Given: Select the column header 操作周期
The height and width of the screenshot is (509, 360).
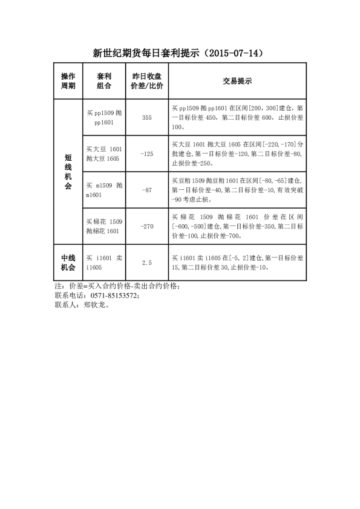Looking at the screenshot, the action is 68,81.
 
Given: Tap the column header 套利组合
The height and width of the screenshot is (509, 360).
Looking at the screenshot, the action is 104,81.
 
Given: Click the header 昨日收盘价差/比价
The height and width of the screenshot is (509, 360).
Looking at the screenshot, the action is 146,81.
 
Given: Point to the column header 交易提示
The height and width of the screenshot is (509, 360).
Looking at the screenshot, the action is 237,81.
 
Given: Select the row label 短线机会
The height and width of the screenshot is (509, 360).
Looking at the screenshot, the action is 68,172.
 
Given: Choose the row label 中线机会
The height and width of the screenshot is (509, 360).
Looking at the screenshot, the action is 68,262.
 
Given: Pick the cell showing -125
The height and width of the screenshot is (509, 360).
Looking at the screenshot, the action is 146,154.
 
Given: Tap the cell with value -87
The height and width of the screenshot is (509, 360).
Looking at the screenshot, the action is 146,190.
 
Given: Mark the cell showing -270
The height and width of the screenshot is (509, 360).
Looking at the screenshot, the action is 146,226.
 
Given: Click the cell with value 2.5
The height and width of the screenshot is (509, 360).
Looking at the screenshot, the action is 146,262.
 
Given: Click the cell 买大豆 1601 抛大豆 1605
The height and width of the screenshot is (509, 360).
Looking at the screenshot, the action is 104,154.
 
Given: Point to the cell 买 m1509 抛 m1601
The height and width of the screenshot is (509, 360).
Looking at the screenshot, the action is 104,190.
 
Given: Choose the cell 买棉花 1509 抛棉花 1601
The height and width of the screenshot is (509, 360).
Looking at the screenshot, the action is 104,226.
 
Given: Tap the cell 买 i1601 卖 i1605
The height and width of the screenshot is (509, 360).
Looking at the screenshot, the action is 104,262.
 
